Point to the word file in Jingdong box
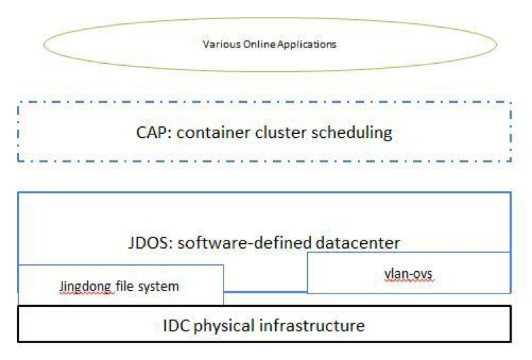click(127, 286)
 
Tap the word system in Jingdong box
click(159, 286)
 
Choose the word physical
click(228, 325)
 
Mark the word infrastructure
click(313, 325)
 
